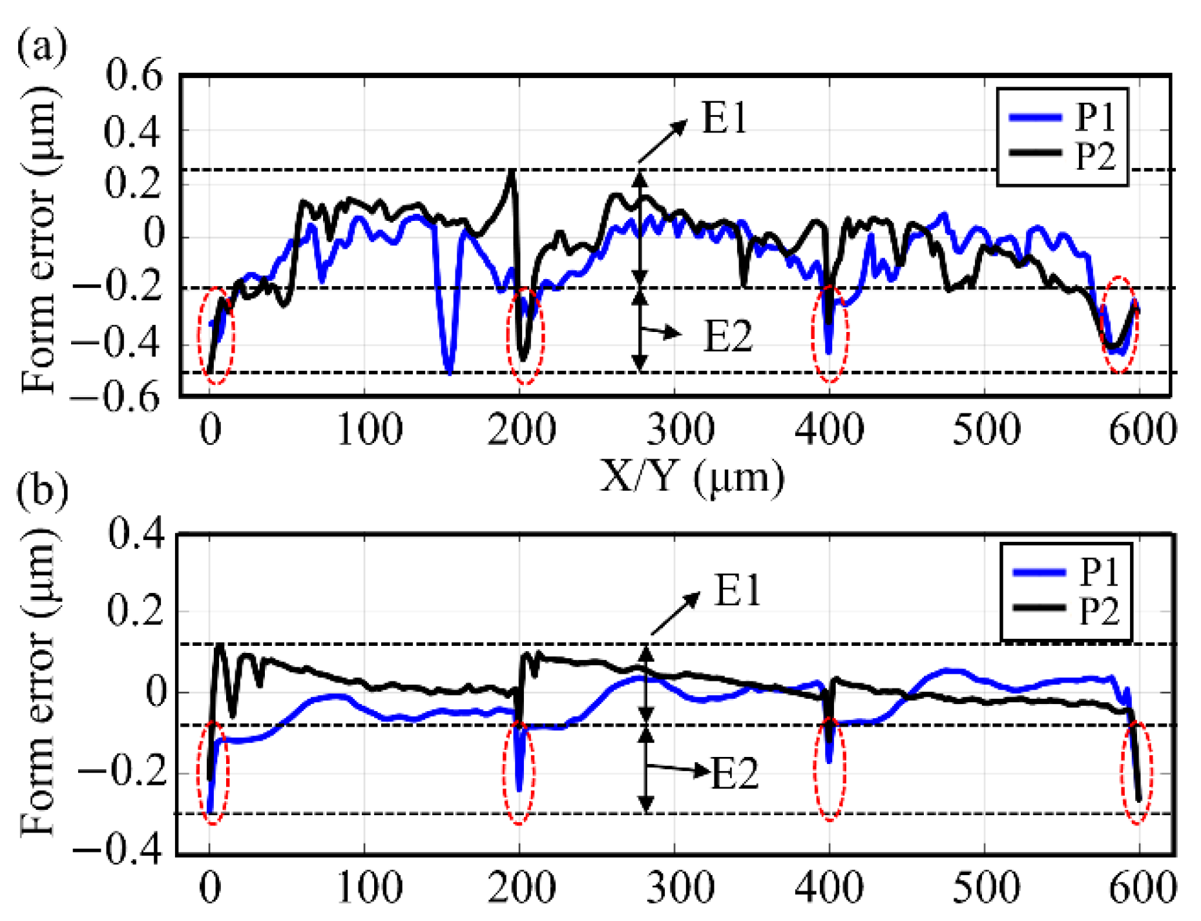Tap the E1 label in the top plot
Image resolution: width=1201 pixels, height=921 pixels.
coord(724,119)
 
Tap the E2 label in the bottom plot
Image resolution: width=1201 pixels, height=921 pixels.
coord(734,773)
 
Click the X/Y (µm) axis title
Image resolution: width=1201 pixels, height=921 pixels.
coord(692,479)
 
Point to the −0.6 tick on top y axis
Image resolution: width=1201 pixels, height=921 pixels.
coord(116,396)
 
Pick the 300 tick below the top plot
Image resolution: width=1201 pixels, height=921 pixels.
coord(680,429)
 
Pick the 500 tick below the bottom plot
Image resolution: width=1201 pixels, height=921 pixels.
coord(986,887)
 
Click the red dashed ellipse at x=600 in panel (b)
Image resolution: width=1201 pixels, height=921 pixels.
coord(1137,772)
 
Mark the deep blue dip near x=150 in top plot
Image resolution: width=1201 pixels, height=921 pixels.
coord(450,368)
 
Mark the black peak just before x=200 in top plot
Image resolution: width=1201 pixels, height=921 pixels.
coord(512,173)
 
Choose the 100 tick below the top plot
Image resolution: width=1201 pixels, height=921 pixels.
coord(370,429)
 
